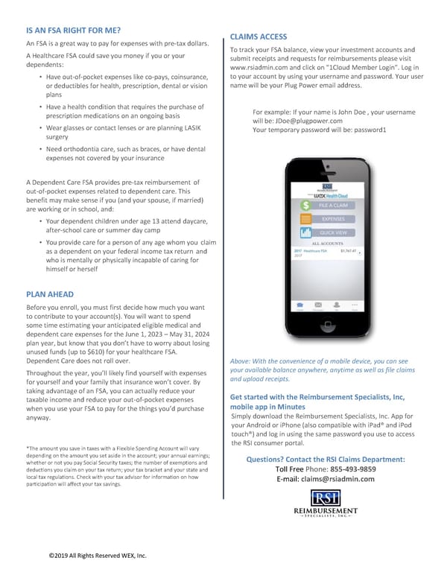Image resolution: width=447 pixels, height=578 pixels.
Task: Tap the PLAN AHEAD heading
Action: pos(50,293)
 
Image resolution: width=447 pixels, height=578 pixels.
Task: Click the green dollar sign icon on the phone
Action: pos(305,205)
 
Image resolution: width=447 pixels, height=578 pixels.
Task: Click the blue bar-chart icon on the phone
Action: pos(305,232)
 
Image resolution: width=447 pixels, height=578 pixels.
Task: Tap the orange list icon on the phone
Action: pos(305,219)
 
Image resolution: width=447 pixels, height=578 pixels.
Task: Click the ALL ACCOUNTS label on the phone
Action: pos(327,243)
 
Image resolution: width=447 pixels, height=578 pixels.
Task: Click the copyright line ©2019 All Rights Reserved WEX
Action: pos(98,556)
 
